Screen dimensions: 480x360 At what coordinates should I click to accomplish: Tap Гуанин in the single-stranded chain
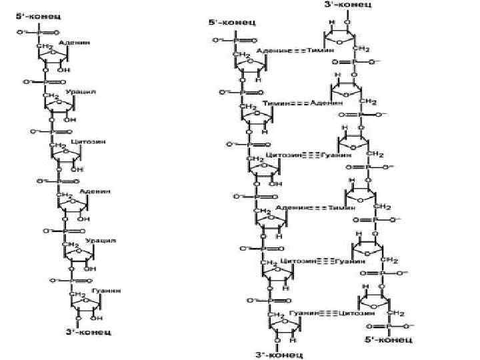(107, 290)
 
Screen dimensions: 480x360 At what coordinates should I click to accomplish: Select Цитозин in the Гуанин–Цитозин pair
(356, 311)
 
